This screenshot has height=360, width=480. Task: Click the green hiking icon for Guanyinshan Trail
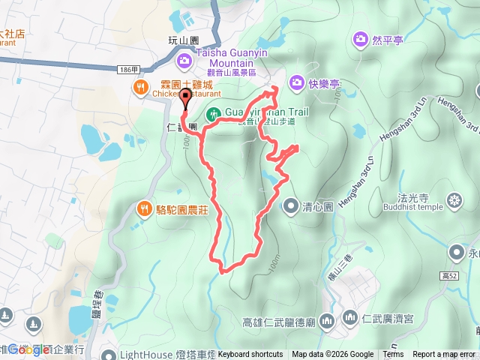coord(213,114)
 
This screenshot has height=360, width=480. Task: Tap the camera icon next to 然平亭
coord(361,38)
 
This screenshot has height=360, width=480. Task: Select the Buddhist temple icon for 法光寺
coord(454,200)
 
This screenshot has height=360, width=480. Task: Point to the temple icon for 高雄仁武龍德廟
coord(326,322)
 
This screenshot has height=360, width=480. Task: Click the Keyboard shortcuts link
coord(250,355)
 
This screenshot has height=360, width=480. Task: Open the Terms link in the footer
coord(393,355)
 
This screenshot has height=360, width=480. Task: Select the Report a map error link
coord(445,355)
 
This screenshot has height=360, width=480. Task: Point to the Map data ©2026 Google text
coord(332,355)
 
